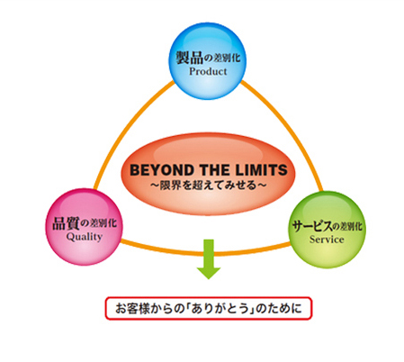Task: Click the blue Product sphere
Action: pos(207,61)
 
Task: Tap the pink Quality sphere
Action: pos(85,227)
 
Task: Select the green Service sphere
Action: pos(327,230)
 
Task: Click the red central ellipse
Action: pos(208,174)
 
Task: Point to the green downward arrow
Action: pos(209,258)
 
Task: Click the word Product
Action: pos(208,71)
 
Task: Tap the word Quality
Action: pos(85,237)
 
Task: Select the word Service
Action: pos(327,240)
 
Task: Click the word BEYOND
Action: pos(162,170)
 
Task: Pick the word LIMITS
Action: pos(261,170)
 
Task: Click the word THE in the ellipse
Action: pos(215,170)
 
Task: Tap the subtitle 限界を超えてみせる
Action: pos(209,186)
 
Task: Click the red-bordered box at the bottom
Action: pos(209,308)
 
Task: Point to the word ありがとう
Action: pos(220,309)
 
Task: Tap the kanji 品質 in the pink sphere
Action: pos(66,223)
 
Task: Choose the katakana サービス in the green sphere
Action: pos(312,226)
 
